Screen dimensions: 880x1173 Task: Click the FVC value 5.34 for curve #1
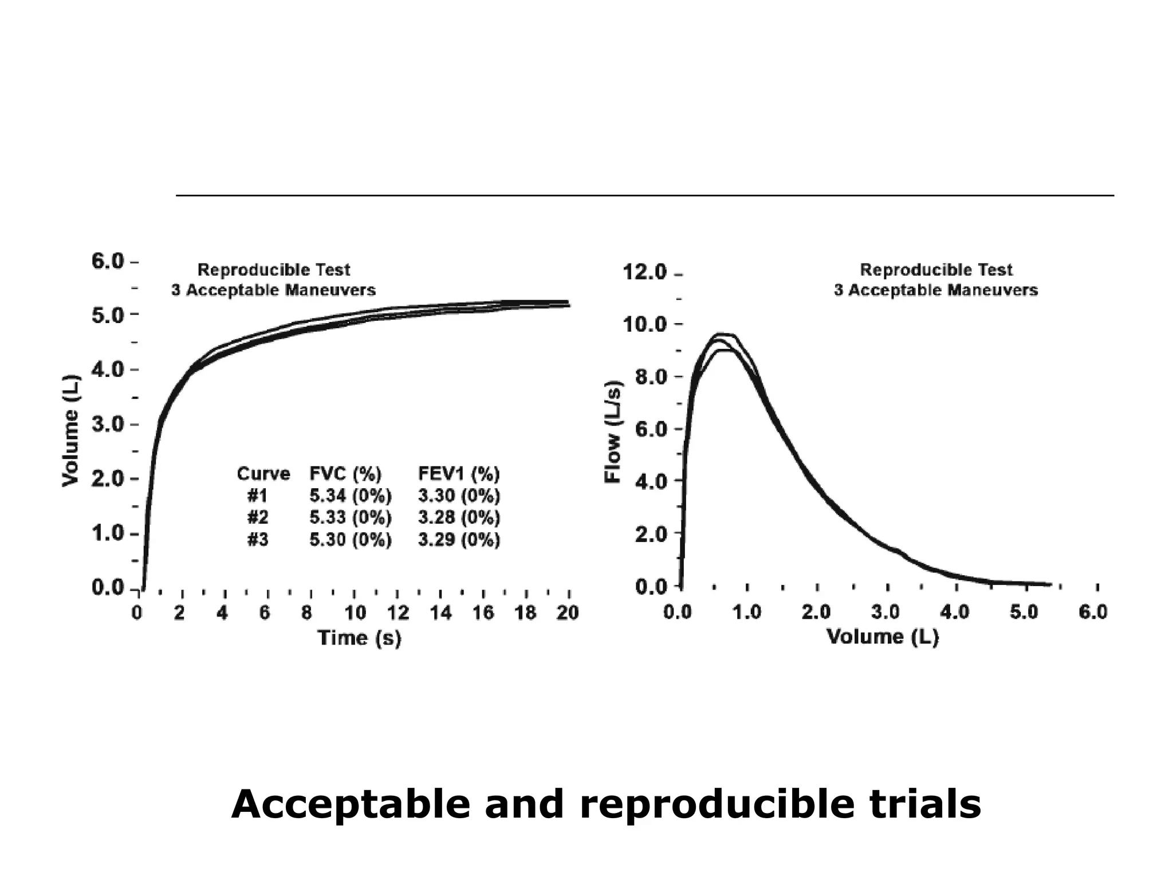[328, 496]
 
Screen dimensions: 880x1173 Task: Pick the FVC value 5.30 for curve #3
[328, 540]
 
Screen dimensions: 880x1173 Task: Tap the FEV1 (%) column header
[459, 474]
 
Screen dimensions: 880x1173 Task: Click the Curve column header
[263, 474]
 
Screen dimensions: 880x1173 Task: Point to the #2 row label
[258, 517]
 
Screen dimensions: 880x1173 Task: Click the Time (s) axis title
[359, 638]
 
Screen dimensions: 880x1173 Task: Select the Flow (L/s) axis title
[613, 432]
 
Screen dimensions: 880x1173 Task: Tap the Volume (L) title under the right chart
[883, 637]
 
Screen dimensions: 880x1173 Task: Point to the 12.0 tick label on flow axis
[644, 272]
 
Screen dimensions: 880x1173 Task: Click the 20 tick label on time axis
[568, 613]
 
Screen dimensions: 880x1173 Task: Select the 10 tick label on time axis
[355, 613]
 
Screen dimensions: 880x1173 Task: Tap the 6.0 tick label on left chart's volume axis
[107, 261]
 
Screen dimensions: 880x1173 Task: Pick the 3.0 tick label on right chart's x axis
[885, 612]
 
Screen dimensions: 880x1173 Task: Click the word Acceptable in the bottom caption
[350, 804]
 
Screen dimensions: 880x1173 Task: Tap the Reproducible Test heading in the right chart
[936, 270]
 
